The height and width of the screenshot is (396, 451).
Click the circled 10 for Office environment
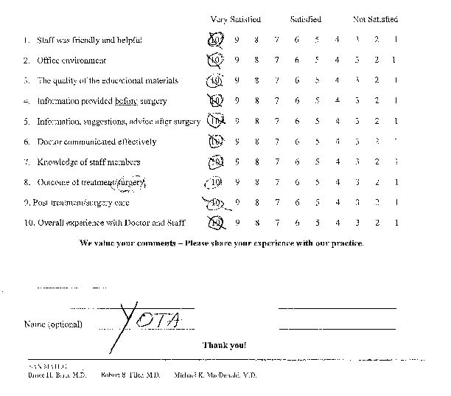215,60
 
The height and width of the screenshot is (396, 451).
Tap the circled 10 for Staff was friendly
215,39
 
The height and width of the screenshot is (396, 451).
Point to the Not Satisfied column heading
375,19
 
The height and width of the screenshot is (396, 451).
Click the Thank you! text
225,344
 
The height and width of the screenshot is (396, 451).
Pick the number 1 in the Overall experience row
396,222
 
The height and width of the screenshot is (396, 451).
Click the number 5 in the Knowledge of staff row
315,161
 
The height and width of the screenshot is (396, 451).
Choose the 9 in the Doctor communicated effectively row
237,141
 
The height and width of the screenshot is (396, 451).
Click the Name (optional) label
53,324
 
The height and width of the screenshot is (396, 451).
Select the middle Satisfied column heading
305,19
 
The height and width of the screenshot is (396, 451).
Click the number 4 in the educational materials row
336,80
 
